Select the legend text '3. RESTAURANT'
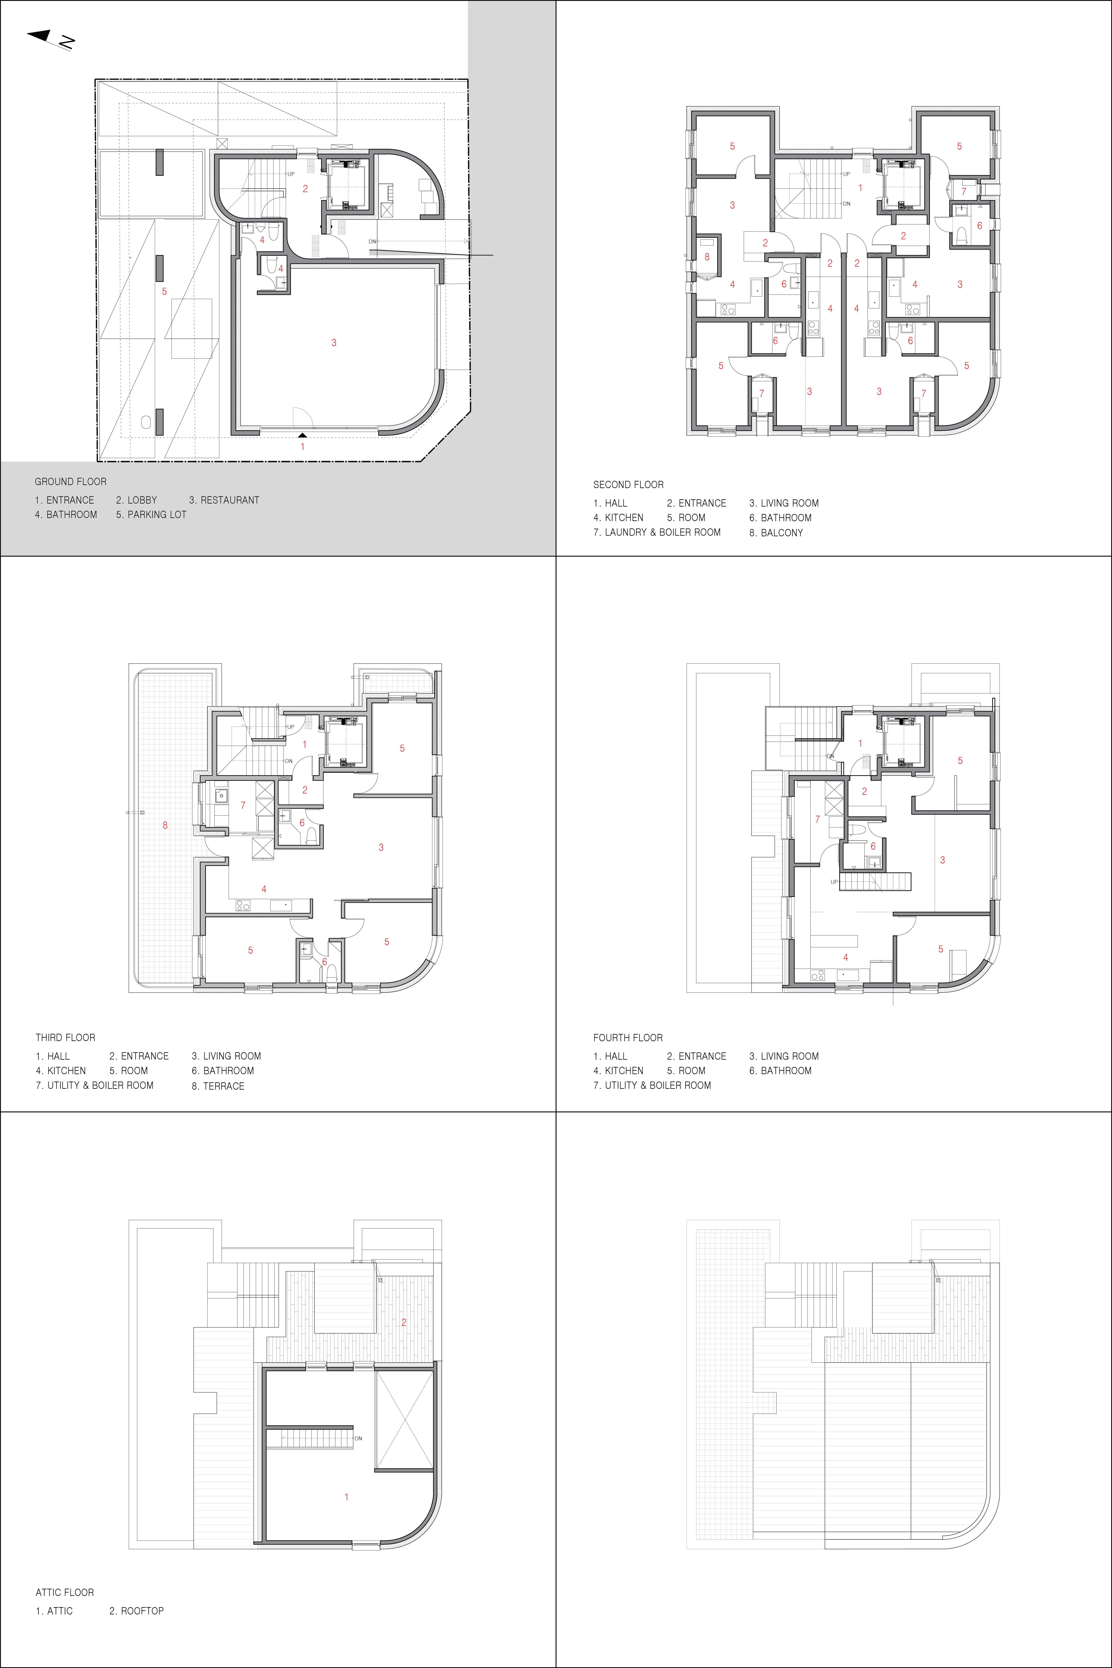(x=224, y=500)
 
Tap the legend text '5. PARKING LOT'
(x=151, y=515)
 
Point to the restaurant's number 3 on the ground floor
(x=334, y=343)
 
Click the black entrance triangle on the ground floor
(x=303, y=435)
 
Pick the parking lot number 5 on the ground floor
(x=165, y=292)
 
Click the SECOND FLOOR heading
(x=628, y=485)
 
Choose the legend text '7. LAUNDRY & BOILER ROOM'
(x=657, y=533)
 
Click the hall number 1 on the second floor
(x=860, y=188)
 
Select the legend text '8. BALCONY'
(x=776, y=533)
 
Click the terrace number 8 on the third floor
(x=165, y=826)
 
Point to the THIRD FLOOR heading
(x=65, y=1038)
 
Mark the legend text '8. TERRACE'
(x=218, y=1086)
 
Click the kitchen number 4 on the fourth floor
(x=845, y=957)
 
